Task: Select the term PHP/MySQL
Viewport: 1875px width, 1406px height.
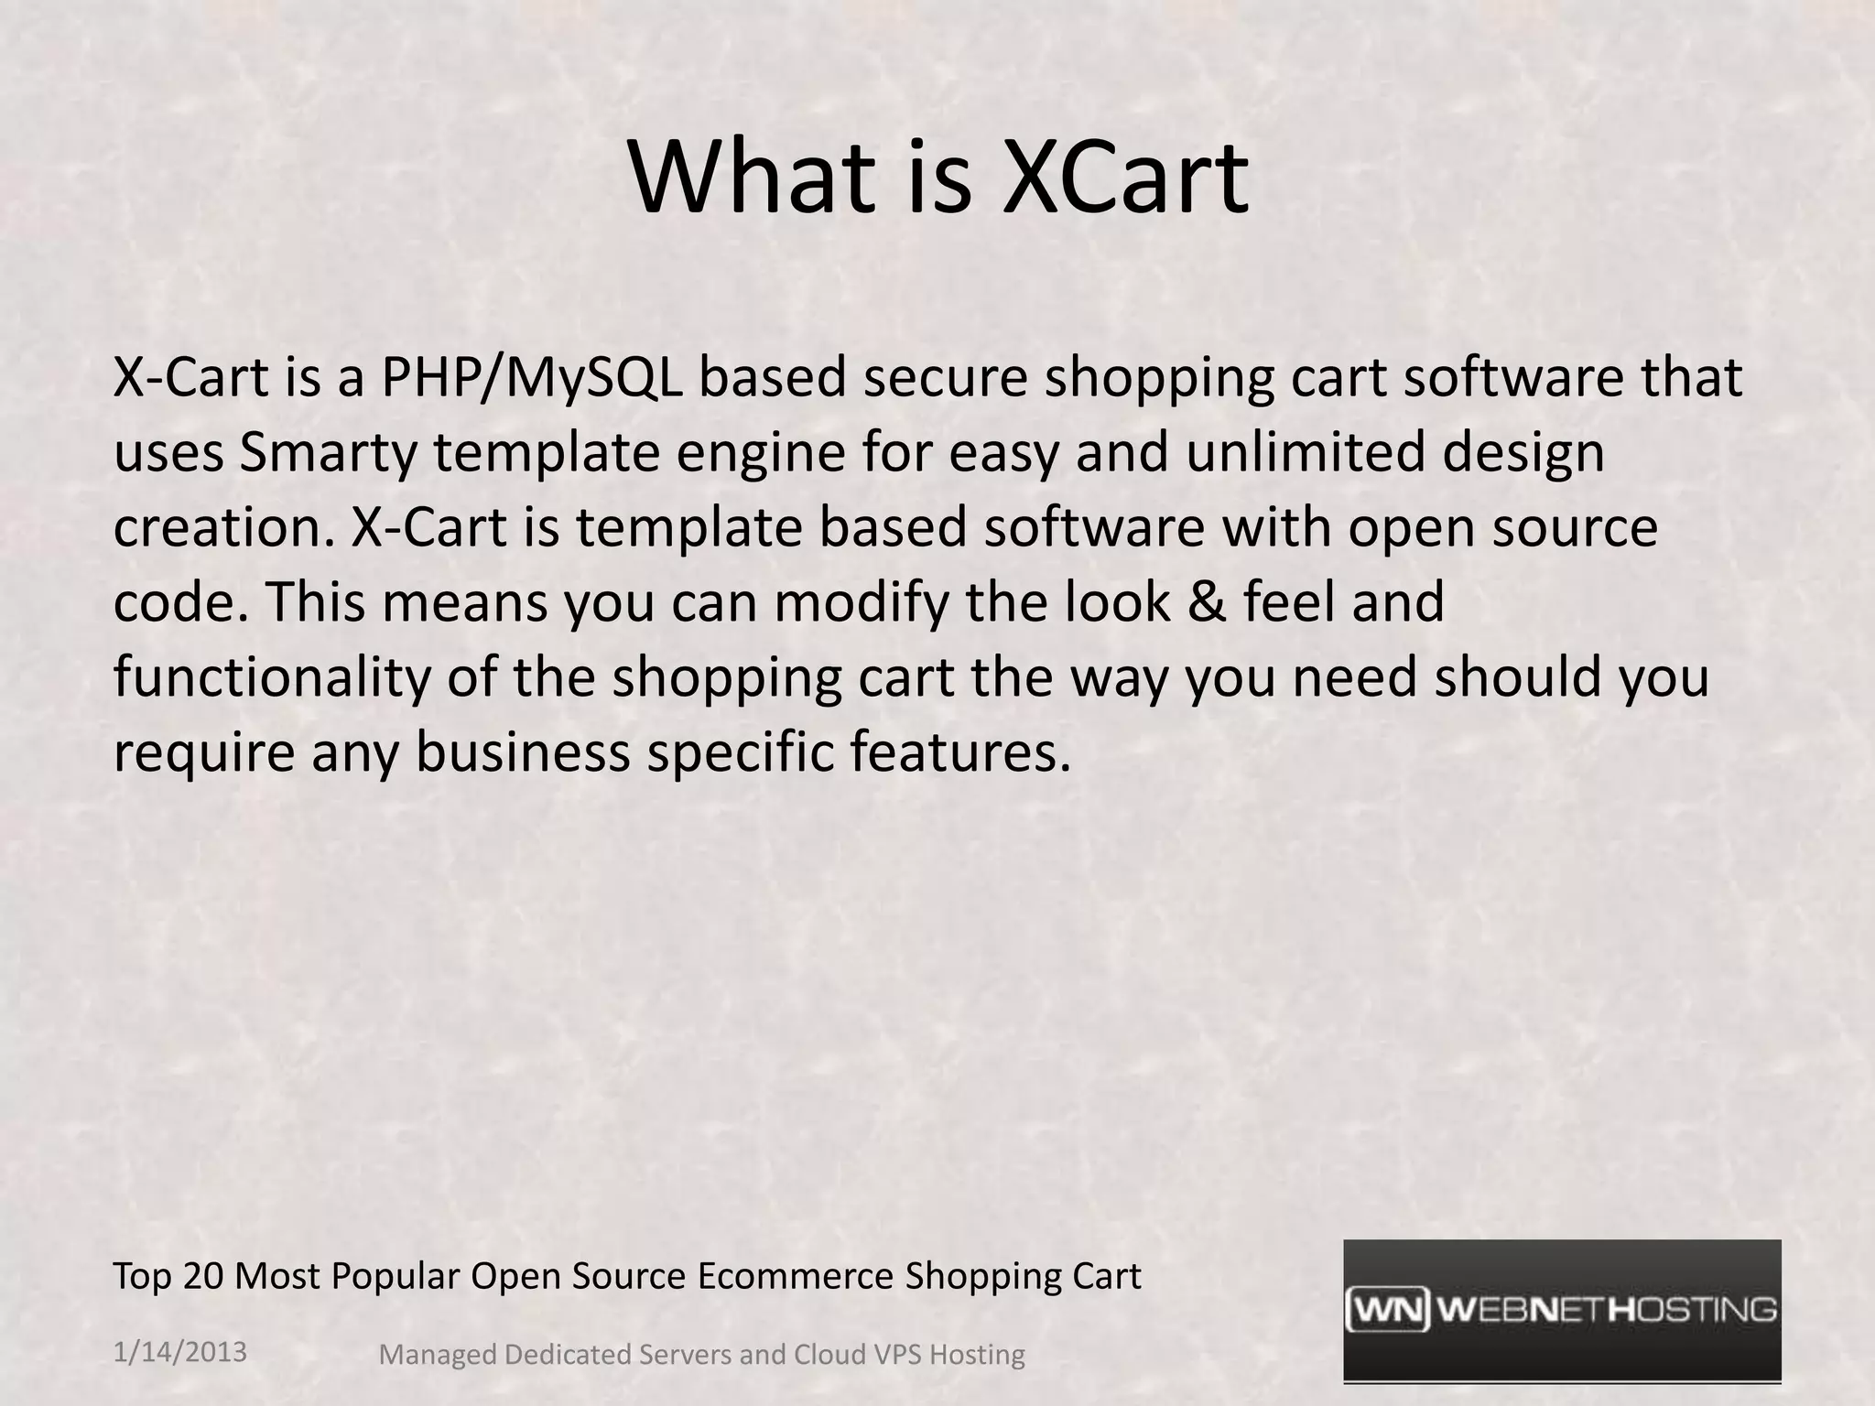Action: pos(531,379)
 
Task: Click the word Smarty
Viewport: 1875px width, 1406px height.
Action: pos(327,454)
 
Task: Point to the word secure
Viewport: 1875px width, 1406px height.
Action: pos(944,379)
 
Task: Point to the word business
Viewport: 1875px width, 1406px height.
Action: pos(523,752)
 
